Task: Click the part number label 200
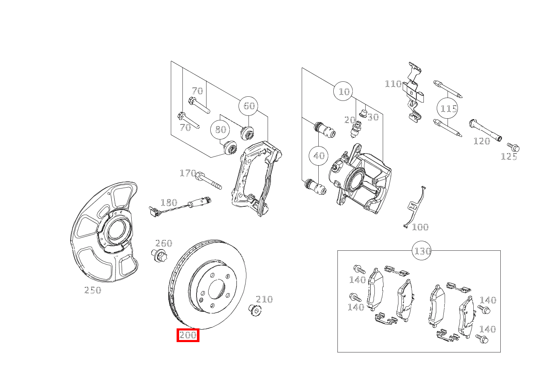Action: tap(188, 335)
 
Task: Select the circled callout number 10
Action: tap(344, 91)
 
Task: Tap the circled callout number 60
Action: tap(248, 106)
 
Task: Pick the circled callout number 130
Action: tap(422, 251)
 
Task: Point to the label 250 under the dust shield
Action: tap(93, 290)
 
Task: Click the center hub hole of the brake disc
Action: tap(216, 289)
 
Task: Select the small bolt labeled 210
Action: tap(254, 309)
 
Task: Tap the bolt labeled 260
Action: tap(159, 255)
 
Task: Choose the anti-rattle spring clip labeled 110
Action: tap(414, 93)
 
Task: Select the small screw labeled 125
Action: tap(514, 147)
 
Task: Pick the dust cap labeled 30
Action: tap(363, 113)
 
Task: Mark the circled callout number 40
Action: tap(319, 156)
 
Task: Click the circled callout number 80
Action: tap(220, 130)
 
